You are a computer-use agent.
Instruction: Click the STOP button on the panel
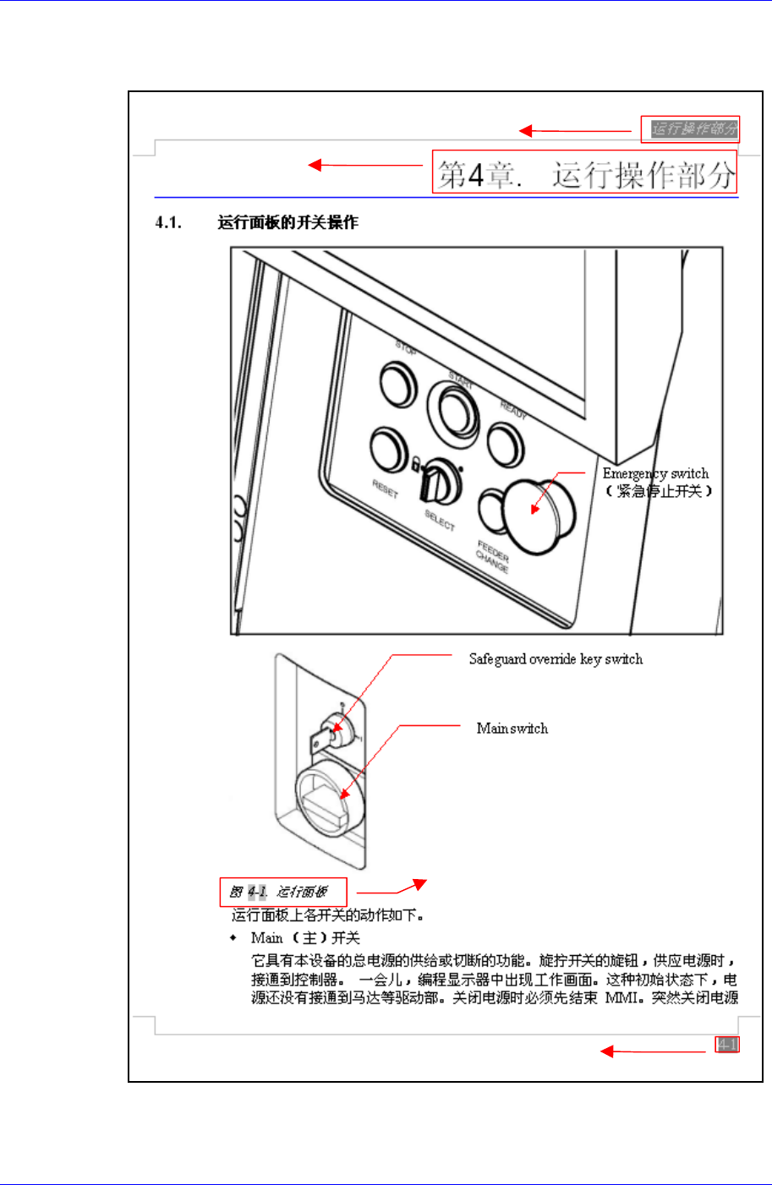[397, 384]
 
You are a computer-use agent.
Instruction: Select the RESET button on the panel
[388, 450]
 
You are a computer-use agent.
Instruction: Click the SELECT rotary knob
[441, 483]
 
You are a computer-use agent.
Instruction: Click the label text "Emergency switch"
[655, 473]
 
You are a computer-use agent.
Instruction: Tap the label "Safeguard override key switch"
[556, 659]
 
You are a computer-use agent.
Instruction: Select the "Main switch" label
[512, 729]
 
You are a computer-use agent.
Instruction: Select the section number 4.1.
[168, 223]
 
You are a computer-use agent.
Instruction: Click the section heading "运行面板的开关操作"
[287, 223]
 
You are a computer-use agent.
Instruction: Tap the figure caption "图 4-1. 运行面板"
[279, 892]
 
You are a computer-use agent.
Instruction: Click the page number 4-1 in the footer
[726, 1045]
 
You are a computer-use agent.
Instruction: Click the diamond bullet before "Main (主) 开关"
[233, 938]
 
